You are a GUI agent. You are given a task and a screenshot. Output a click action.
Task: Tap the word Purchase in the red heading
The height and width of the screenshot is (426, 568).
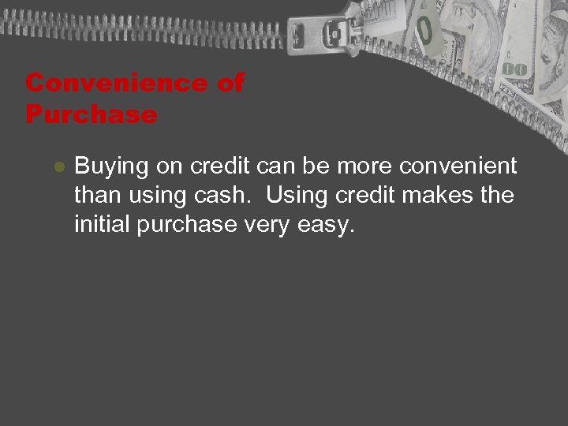click(91, 114)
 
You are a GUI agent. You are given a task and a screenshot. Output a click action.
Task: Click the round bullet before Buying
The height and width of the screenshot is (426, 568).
click(58, 168)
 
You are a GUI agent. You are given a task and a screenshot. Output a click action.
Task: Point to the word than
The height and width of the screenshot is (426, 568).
click(95, 196)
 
